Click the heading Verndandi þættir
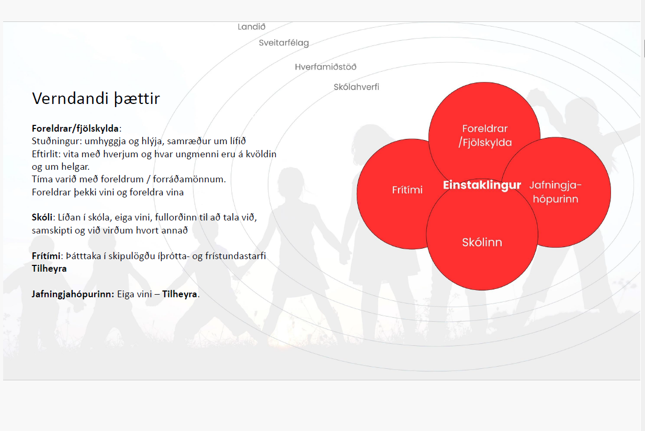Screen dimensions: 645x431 [x=96, y=99]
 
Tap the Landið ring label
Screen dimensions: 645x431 [x=252, y=27]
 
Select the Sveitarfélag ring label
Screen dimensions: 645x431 [x=284, y=43]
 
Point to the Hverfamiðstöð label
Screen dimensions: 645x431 [x=325, y=67]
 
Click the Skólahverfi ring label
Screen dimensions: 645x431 [x=356, y=87]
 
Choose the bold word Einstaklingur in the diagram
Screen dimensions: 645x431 [x=482, y=185]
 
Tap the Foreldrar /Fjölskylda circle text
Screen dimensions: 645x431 [x=485, y=135]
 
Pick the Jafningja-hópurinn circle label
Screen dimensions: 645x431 [x=556, y=192]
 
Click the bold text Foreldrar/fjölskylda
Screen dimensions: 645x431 [x=75, y=129]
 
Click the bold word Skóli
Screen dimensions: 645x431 [x=42, y=217]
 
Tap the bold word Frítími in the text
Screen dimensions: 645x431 [x=46, y=256]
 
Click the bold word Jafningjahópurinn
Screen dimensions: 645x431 [x=73, y=294]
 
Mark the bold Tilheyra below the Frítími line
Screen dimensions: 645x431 [x=49, y=269]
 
